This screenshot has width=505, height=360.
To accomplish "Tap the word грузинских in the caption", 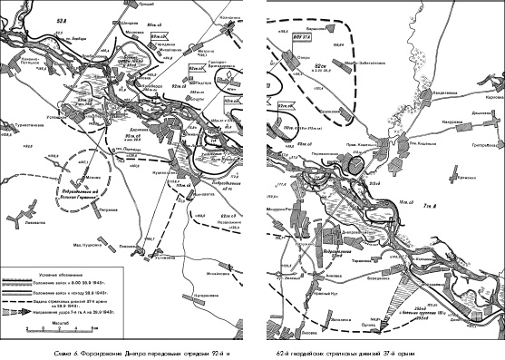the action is (332, 348).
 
